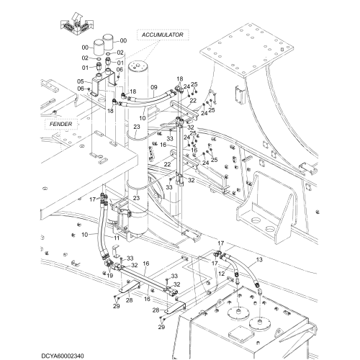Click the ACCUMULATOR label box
coord(163,35)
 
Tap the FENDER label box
coord(61,124)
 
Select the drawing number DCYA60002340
coord(63,356)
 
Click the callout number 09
coord(154,87)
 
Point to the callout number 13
coord(259,260)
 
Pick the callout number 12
coord(222,274)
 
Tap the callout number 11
coord(117,238)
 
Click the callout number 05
coord(81,81)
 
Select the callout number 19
coord(109,276)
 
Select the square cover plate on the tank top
coord(240,333)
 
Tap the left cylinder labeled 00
coord(98,48)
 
